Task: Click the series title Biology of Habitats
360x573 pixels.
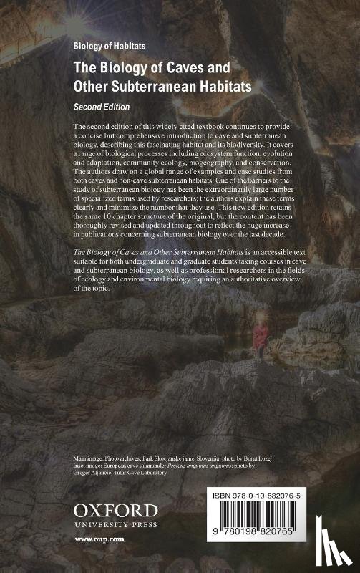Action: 110,44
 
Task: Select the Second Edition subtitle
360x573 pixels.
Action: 102,105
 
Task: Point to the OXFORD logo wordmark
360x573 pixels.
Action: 115,511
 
